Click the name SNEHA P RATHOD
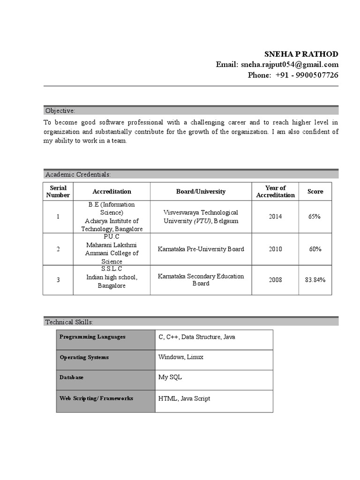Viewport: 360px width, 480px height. [x=301, y=53]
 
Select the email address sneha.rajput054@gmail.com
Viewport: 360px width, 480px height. [x=290, y=65]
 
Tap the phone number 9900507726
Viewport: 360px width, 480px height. [x=317, y=75]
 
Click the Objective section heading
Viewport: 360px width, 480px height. [x=60, y=111]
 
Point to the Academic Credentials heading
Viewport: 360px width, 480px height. [x=78, y=174]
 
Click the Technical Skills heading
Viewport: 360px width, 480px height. [x=69, y=322]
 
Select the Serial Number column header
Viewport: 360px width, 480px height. [x=58, y=191]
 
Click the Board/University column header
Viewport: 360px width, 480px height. [x=201, y=191]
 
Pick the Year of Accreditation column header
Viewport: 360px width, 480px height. [x=275, y=191]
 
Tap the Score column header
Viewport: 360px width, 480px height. [x=315, y=191]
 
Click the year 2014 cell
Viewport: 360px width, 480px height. [x=275, y=217]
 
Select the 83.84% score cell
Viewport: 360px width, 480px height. [x=315, y=280]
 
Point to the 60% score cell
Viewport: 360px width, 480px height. [x=315, y=249]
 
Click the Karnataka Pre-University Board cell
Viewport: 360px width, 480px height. [x=201, y=249]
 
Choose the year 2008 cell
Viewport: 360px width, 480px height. [x=275, y=280]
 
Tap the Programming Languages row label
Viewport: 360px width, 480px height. [x=92, y=337]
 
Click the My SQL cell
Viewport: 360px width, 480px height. [x=170, y=377]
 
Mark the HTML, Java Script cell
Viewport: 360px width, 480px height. [x=184, y=398]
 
